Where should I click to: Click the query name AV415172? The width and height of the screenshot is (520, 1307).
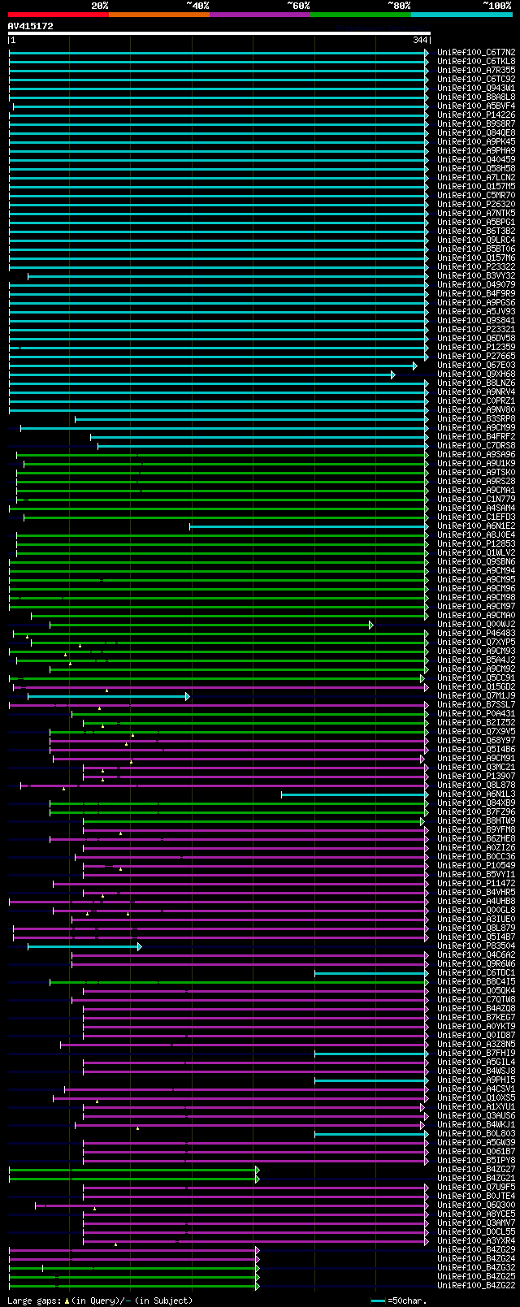tap(31, 26)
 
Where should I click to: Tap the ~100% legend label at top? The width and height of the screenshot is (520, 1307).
tap(497, 5)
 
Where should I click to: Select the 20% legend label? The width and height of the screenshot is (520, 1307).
tap(99, 5)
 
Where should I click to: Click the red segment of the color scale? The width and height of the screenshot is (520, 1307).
tap(58, 14)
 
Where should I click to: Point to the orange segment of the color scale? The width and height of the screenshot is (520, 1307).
tap(158, 14)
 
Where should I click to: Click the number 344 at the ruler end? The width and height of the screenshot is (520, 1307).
tap(420, 40)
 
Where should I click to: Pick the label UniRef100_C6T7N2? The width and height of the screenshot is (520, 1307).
tap(476, 52)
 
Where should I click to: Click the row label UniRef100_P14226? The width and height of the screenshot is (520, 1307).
tap(476, 115)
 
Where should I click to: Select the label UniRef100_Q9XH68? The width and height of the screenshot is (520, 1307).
tap(476, 374)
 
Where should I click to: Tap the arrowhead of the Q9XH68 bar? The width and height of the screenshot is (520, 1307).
tap(392, 374)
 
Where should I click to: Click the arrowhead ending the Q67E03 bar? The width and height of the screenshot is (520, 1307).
tap(414, 366)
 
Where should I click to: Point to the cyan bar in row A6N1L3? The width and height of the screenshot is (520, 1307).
tap(353, 794)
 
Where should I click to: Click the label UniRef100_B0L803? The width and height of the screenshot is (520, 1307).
tap(476, 1133)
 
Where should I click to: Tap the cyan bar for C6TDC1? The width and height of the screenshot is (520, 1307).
tap(370, 973)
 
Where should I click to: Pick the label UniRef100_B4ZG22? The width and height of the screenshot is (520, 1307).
tap(476, 1285)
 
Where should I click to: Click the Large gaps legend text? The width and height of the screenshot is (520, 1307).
tap(100, 1301)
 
